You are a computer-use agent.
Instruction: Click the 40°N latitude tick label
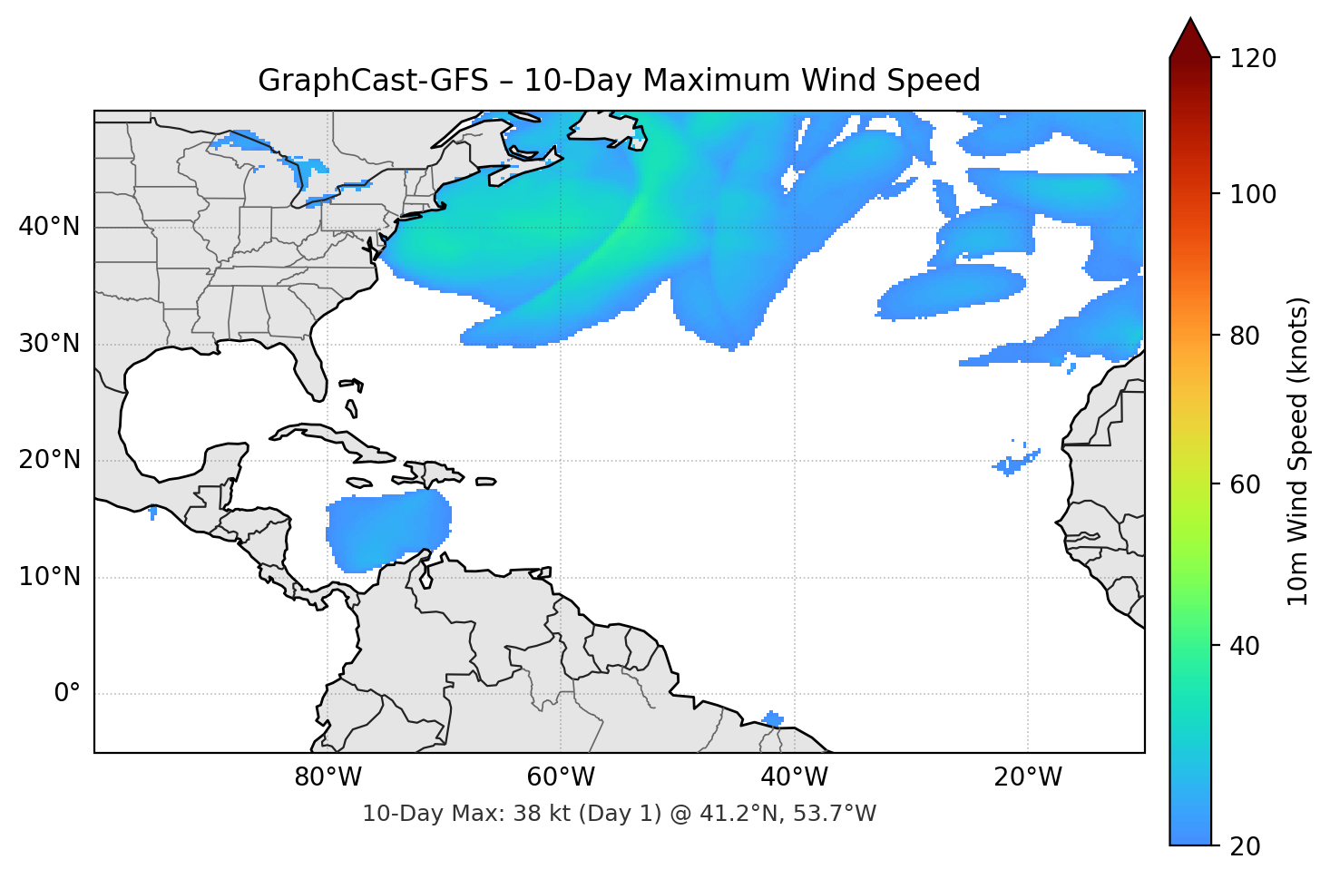click(x=49, y=227)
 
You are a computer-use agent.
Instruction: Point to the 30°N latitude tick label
click(x=49, y=344)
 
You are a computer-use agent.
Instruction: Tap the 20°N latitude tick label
click(x=49, y=460)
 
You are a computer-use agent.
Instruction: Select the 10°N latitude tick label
click(x=49, y=577)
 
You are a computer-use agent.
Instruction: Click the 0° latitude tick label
click(x=67, y=694)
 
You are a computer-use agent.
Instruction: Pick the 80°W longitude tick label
click(x=328, y=777)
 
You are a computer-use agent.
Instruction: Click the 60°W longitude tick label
click(x=561, y=777)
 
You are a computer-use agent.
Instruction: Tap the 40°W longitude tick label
click(x=794, y=777)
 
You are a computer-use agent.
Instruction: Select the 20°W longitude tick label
click(x=1028, y=777)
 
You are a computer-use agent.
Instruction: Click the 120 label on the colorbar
click(x=1253, y=59)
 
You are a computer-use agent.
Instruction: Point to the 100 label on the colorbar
click(x=1253, y=194)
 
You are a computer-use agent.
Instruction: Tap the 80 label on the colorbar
click(x=1245, y=336)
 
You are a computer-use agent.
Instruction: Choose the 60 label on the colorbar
click(x=1245, y=484)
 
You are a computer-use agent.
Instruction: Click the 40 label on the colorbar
click(x=1245, y=646)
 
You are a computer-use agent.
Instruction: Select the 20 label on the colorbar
click(x=1245, y=846)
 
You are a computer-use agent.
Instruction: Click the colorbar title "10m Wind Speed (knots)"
click(x=1298, y=451)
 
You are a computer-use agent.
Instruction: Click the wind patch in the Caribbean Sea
click(x=388, y=531)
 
